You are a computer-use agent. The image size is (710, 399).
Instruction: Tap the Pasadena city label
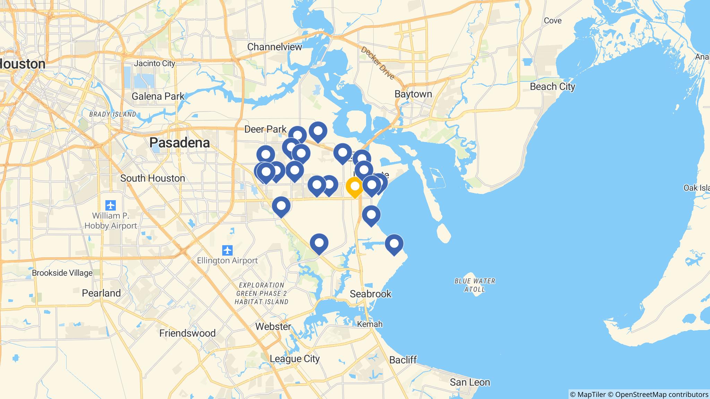(x=180, y=143)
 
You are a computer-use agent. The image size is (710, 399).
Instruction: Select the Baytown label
(x=413, y=94)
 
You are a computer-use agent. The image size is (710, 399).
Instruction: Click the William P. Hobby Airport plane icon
(x=111, y=205)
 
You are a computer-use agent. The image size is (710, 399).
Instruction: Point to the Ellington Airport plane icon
(x=227, y=250)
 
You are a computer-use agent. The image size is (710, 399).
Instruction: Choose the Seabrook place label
(x=371, y=294)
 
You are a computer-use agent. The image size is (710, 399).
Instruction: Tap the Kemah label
(x=370, y=324)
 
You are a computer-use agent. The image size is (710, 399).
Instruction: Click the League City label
(x=294, y=358)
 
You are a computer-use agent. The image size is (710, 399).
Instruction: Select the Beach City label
(x=552, y=87)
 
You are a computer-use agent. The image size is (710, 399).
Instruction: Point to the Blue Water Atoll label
(x=475, y=285)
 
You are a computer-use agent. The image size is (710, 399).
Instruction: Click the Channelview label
(x=275, y=47)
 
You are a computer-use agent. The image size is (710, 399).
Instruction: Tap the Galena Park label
(x=158, y=96)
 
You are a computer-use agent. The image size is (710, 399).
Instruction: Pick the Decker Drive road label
(x=378, y=63)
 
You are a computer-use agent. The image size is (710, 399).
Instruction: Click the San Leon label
(x=470, y=382)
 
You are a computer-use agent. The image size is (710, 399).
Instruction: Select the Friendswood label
(x=187, y=333)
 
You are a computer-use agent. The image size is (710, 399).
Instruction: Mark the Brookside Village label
(x=62, y=273)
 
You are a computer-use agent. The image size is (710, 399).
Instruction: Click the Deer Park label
(x=266, y=129)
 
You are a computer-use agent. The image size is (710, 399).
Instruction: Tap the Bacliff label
(x=403, y=360)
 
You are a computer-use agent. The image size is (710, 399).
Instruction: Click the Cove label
(x=553, y=21)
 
